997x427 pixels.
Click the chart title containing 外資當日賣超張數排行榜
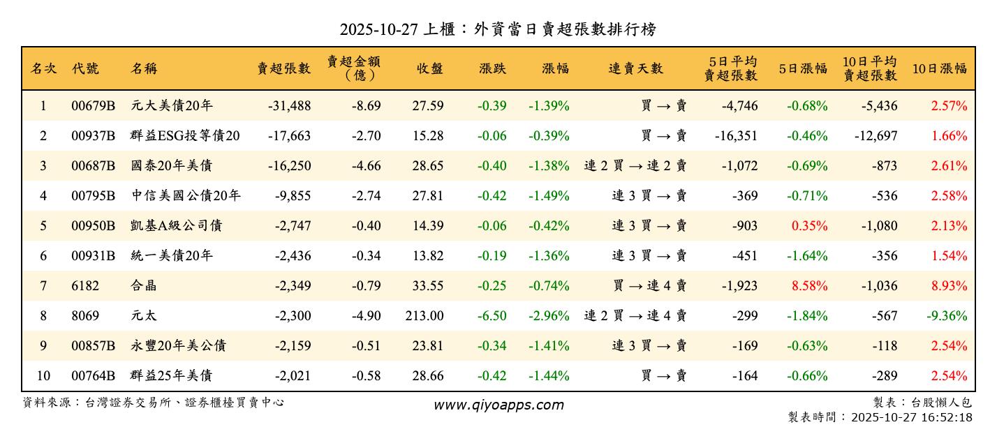click(498, 29)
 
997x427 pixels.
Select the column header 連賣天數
click(635, 68)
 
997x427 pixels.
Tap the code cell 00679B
click(93, 106)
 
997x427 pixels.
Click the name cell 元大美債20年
click(172, 106)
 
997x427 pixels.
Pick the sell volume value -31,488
click(289, 106)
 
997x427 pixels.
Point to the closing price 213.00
click(424, 316)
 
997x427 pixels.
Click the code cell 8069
click(85, 316)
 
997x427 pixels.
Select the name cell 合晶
click(144, 286)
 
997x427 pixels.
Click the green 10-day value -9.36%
click(947, 316)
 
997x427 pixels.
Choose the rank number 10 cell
click(43, 376)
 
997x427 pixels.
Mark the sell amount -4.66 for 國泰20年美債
click(366, 166)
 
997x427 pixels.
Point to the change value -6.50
click(492, 316)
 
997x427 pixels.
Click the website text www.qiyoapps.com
click(498, 405)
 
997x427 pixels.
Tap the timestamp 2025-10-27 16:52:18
click(909, 417)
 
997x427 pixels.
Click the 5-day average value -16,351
click(736, 136)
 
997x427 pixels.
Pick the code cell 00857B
click(93, 346)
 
